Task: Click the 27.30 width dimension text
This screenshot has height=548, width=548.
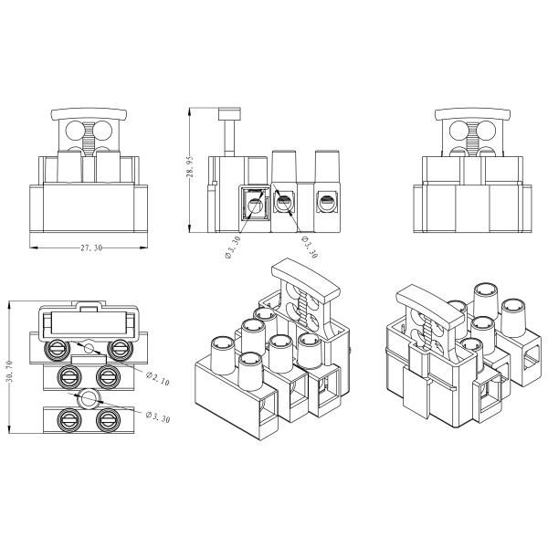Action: tap(89, 248)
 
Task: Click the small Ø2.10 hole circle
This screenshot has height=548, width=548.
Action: tap(89, 349)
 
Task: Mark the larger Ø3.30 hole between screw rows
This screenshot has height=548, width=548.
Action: tap(90, 398)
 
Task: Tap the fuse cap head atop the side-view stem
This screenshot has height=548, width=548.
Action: tap(229, 113)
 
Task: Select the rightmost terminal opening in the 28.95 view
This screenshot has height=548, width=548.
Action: tap(322, 200)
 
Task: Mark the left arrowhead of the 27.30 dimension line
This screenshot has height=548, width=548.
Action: tap(33, 247)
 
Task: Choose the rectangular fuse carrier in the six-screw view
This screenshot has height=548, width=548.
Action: tap(89, 322)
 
